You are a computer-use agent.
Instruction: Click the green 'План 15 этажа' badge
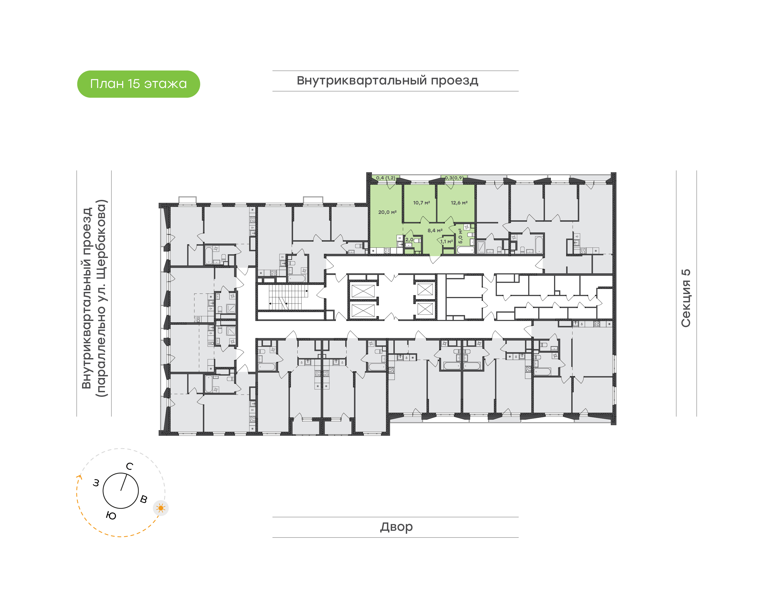[x=139, y=84]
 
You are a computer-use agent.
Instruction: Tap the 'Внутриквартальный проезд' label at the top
[x=387, y=81]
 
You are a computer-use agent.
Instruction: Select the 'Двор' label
[x=396, y=527]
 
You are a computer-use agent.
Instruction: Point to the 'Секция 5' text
[x=686, y=298]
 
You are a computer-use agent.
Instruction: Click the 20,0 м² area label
[x=387, y=212]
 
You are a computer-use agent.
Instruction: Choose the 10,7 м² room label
[x=421, y=203]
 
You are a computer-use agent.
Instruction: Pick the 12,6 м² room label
[x=459, y=203]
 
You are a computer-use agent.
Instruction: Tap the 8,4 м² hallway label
[x=435, y=231]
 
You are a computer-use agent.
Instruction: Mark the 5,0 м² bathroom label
[x=460, y=236]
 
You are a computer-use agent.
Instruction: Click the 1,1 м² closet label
[x=446, y=242]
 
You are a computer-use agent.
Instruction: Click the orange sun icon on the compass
[x=161, y=508]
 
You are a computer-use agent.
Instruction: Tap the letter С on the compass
[x=130, y=466]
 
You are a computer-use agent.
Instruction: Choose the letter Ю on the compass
[x=111, y=516]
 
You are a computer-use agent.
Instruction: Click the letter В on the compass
[x=143, y=499]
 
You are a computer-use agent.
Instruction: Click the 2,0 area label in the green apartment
[x=409, y=240]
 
